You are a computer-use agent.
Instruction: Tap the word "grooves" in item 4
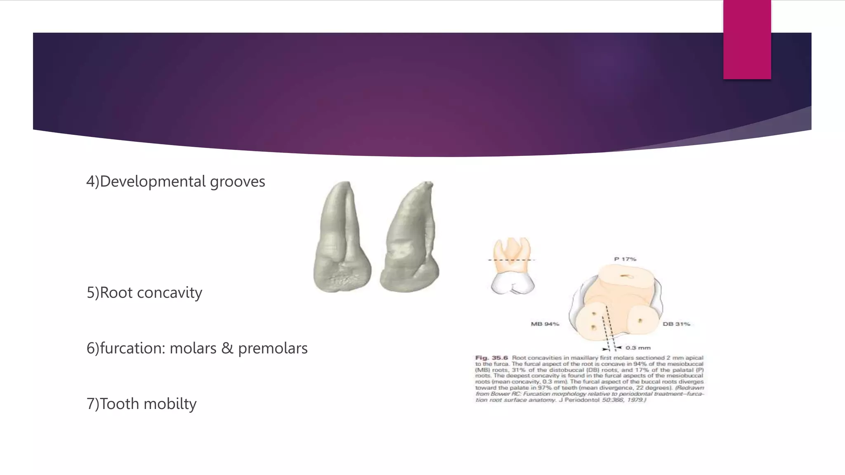click(x=237, y=182)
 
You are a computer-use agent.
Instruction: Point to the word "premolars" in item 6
click(x=273, y=348)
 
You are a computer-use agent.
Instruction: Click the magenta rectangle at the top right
click(x=747, y=40)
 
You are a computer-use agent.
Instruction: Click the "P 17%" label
click(x=625, y=259)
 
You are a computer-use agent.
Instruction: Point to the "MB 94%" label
click(x=545, y=324)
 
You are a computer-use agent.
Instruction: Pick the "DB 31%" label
click(x=676, y=324)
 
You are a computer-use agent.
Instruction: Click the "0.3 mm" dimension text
click(x=638, y=348)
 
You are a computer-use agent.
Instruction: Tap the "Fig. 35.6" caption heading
click(x=491, y=358)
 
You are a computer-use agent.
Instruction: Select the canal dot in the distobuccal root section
click(x=640, y=320)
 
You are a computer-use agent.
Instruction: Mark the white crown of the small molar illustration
click(x=512, y=284)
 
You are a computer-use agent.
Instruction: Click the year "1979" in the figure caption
click(x=634, y=400)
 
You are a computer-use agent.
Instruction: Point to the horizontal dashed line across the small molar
click(x=512, y=260)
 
